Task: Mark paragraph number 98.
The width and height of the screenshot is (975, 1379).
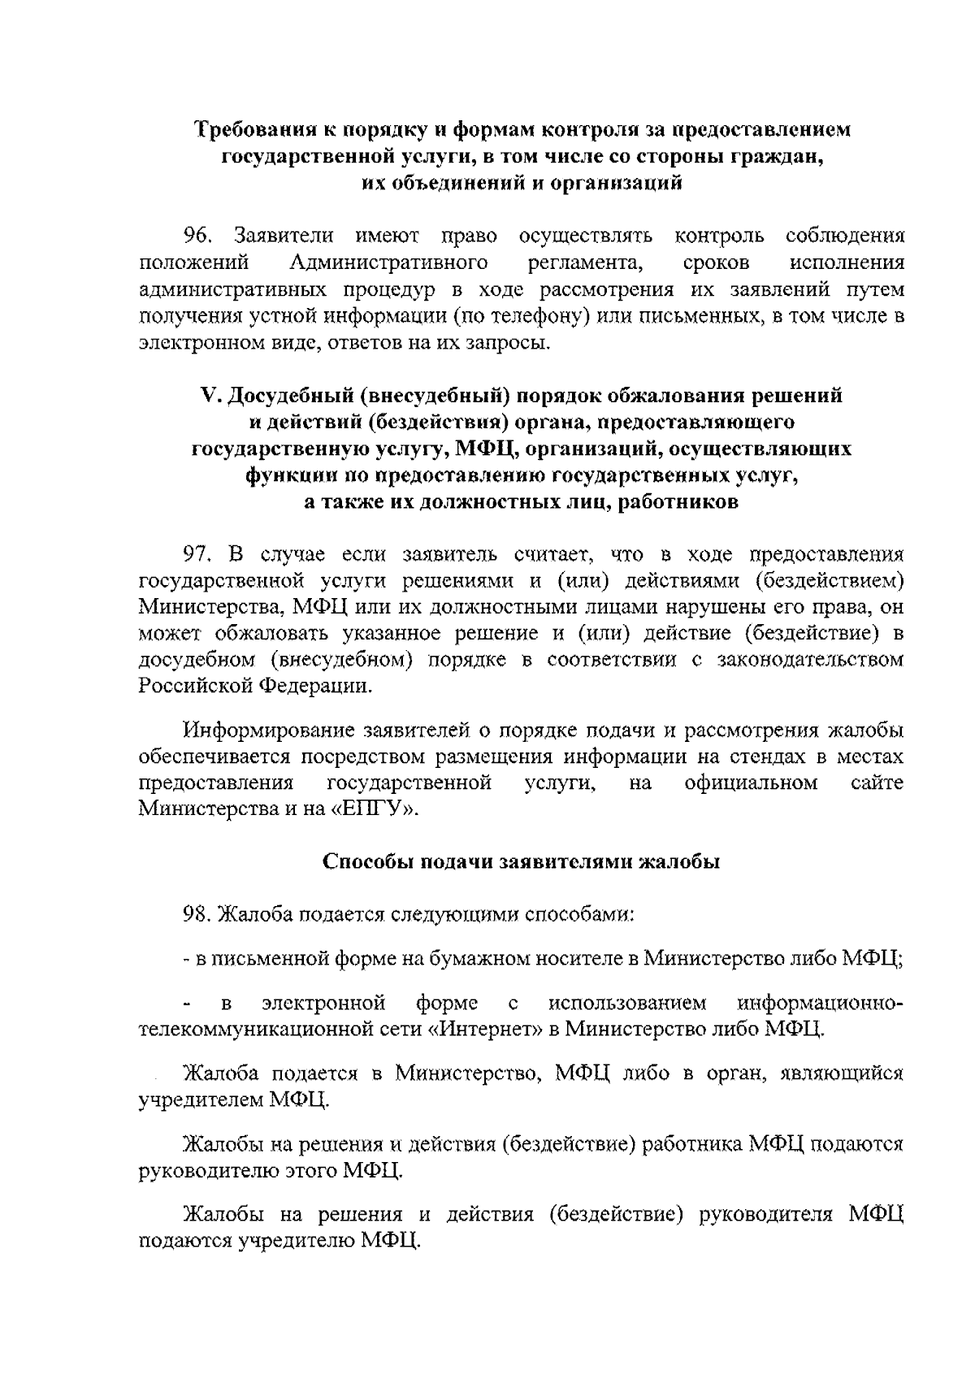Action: pyautogui.click(x=197, y=915)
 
